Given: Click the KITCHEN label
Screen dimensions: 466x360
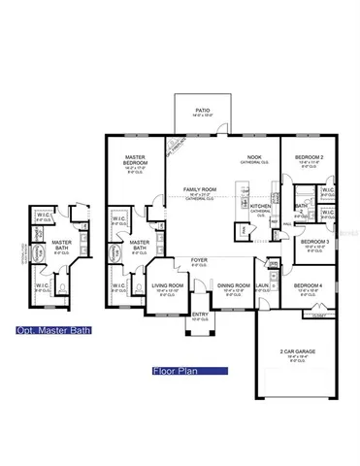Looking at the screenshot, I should (261, 206).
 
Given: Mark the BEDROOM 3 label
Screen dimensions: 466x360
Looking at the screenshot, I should (313, 241).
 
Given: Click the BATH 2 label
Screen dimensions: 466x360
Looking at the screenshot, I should (303, 207).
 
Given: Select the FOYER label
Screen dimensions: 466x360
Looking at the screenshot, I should (199, 259).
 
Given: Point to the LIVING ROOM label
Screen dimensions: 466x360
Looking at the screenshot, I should (168, 285).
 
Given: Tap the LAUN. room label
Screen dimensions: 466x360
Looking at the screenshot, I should (263, 285).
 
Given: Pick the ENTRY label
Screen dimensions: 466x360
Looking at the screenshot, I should (200, 314).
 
